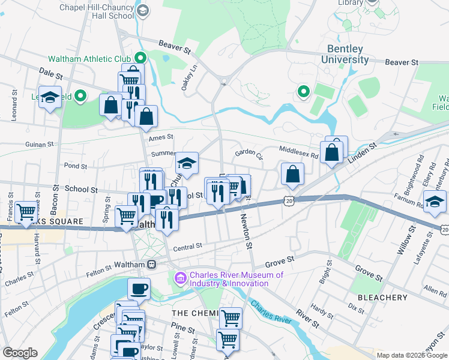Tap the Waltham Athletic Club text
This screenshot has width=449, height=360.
[91, 58]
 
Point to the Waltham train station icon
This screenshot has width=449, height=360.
[152, 265]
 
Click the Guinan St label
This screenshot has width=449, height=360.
[40, 145]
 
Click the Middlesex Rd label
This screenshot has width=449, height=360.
[298, 150]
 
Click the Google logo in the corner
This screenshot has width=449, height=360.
[19, 353]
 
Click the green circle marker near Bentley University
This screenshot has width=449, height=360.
[304, 92]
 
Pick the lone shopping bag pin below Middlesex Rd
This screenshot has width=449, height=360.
[292, 175]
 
